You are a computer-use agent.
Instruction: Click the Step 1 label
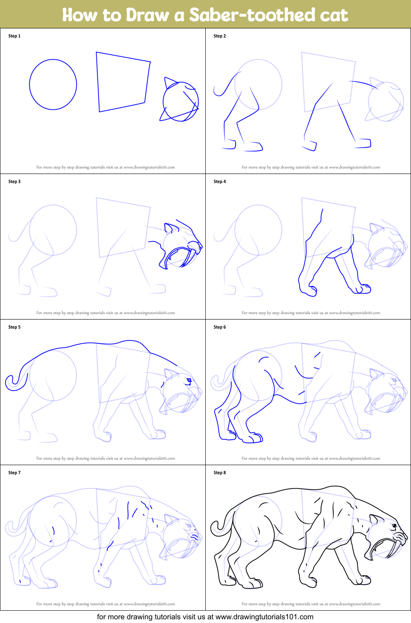[x=14, y=36]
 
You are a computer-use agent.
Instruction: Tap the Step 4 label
[x=220, y=182]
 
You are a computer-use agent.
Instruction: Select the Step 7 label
[x=14, y=473]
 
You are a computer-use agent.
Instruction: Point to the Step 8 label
[x=220, y=473]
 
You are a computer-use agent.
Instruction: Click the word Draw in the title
[x=147, y=15]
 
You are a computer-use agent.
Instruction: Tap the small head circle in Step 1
[x=181, y=102]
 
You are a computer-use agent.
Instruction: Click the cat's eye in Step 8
[x=394, y=526]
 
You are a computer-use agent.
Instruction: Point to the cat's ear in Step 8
[x=376, y=520]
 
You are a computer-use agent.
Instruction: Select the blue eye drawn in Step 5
[x=189, y=380]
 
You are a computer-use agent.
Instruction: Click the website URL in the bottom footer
[x=264, y=617]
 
